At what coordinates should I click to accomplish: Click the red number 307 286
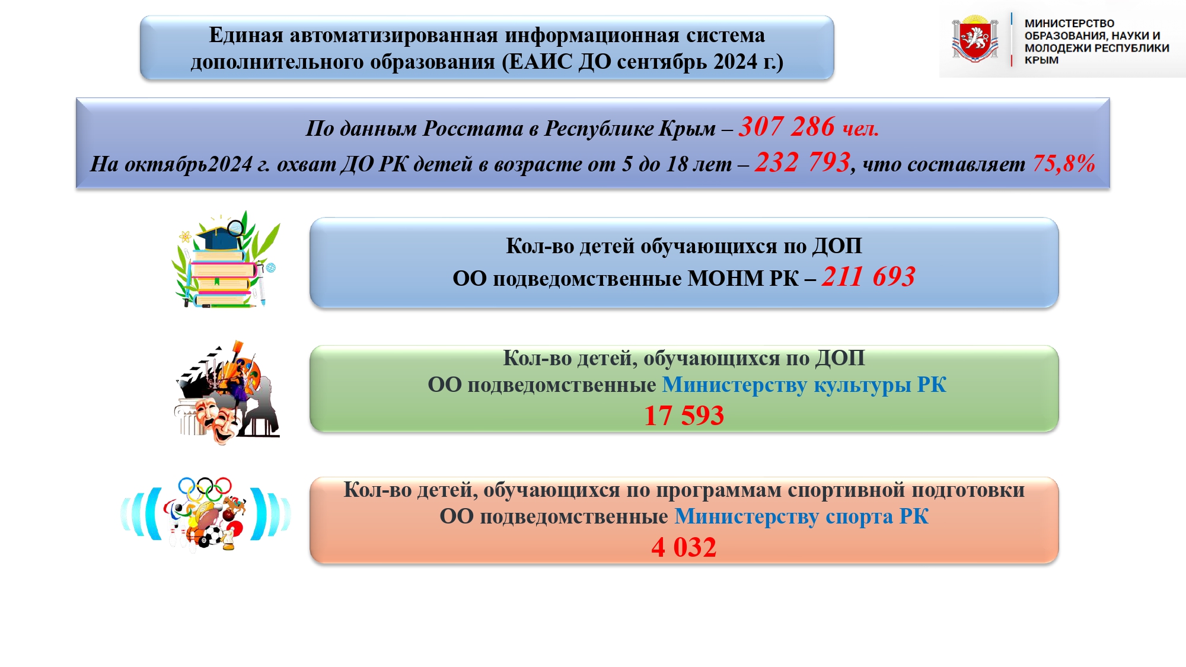point(786,126)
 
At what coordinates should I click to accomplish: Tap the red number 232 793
point(803,162)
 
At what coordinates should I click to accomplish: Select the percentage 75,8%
point(1064,164)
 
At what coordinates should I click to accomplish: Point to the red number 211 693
point(868,277)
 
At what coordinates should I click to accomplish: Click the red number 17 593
point(684,416)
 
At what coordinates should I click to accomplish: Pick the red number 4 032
point(684,547)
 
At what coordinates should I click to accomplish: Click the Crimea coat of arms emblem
point(975,39)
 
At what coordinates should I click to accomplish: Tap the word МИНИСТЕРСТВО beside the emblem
point(1069,23)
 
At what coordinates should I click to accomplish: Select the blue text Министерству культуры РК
point(804,385)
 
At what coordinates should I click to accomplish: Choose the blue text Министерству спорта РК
point(802,516)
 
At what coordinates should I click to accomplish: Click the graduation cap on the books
point(218,238)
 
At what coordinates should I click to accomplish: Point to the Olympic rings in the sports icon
point(205,487)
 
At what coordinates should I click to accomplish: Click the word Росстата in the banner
point(473,129)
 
